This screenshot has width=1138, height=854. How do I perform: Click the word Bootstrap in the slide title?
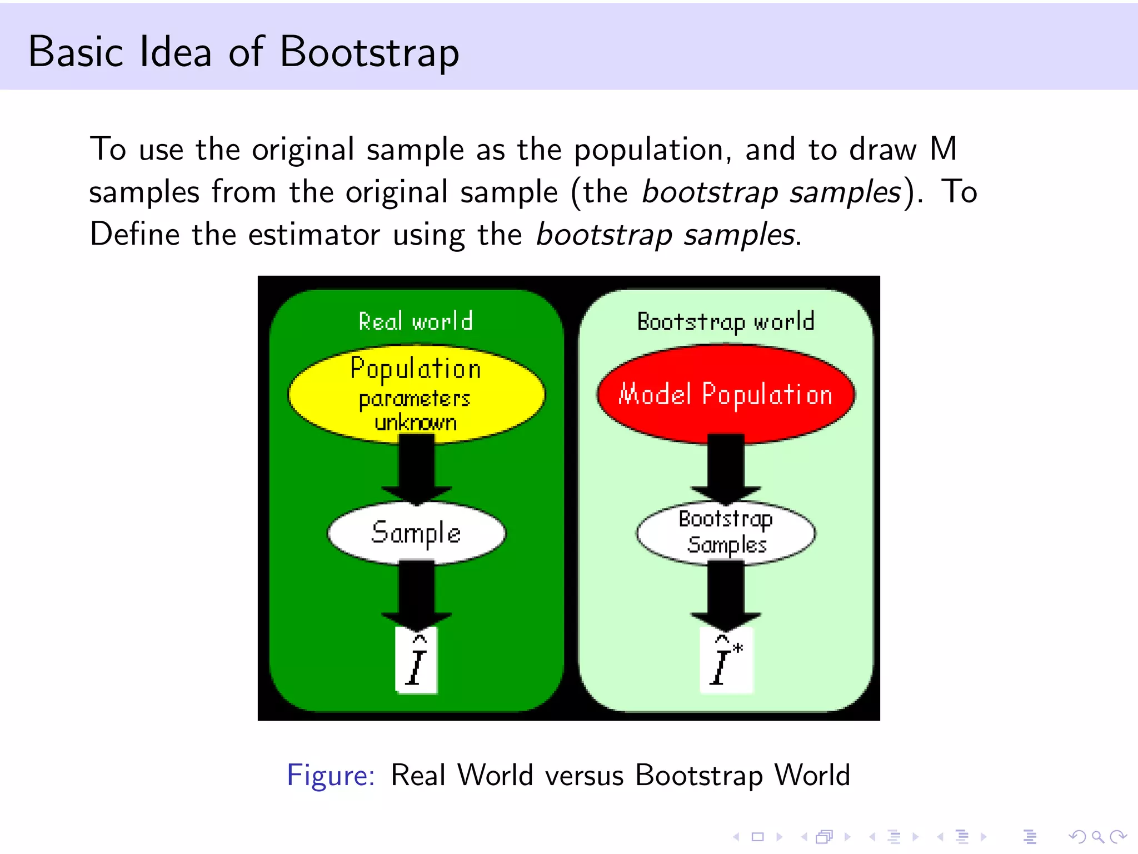coord(370,52)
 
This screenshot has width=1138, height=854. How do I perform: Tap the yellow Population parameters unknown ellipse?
coord(416,394)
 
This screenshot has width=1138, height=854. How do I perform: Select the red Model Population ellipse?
coord(726,394)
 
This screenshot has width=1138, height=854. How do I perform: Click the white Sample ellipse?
coord(416,533)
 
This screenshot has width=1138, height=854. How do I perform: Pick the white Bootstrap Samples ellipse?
coord(726,533)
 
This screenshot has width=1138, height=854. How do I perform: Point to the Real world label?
coord(416,321)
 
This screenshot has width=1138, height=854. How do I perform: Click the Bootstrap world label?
coord(726,321)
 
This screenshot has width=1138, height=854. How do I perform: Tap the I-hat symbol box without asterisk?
coord(417,661)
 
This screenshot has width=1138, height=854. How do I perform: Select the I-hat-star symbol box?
coord(726,661)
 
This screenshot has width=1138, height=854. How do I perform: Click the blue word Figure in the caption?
coord(331,775)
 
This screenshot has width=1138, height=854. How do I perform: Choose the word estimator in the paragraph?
coord(314,234)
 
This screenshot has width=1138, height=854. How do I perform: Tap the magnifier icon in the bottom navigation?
coord(1097,837)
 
